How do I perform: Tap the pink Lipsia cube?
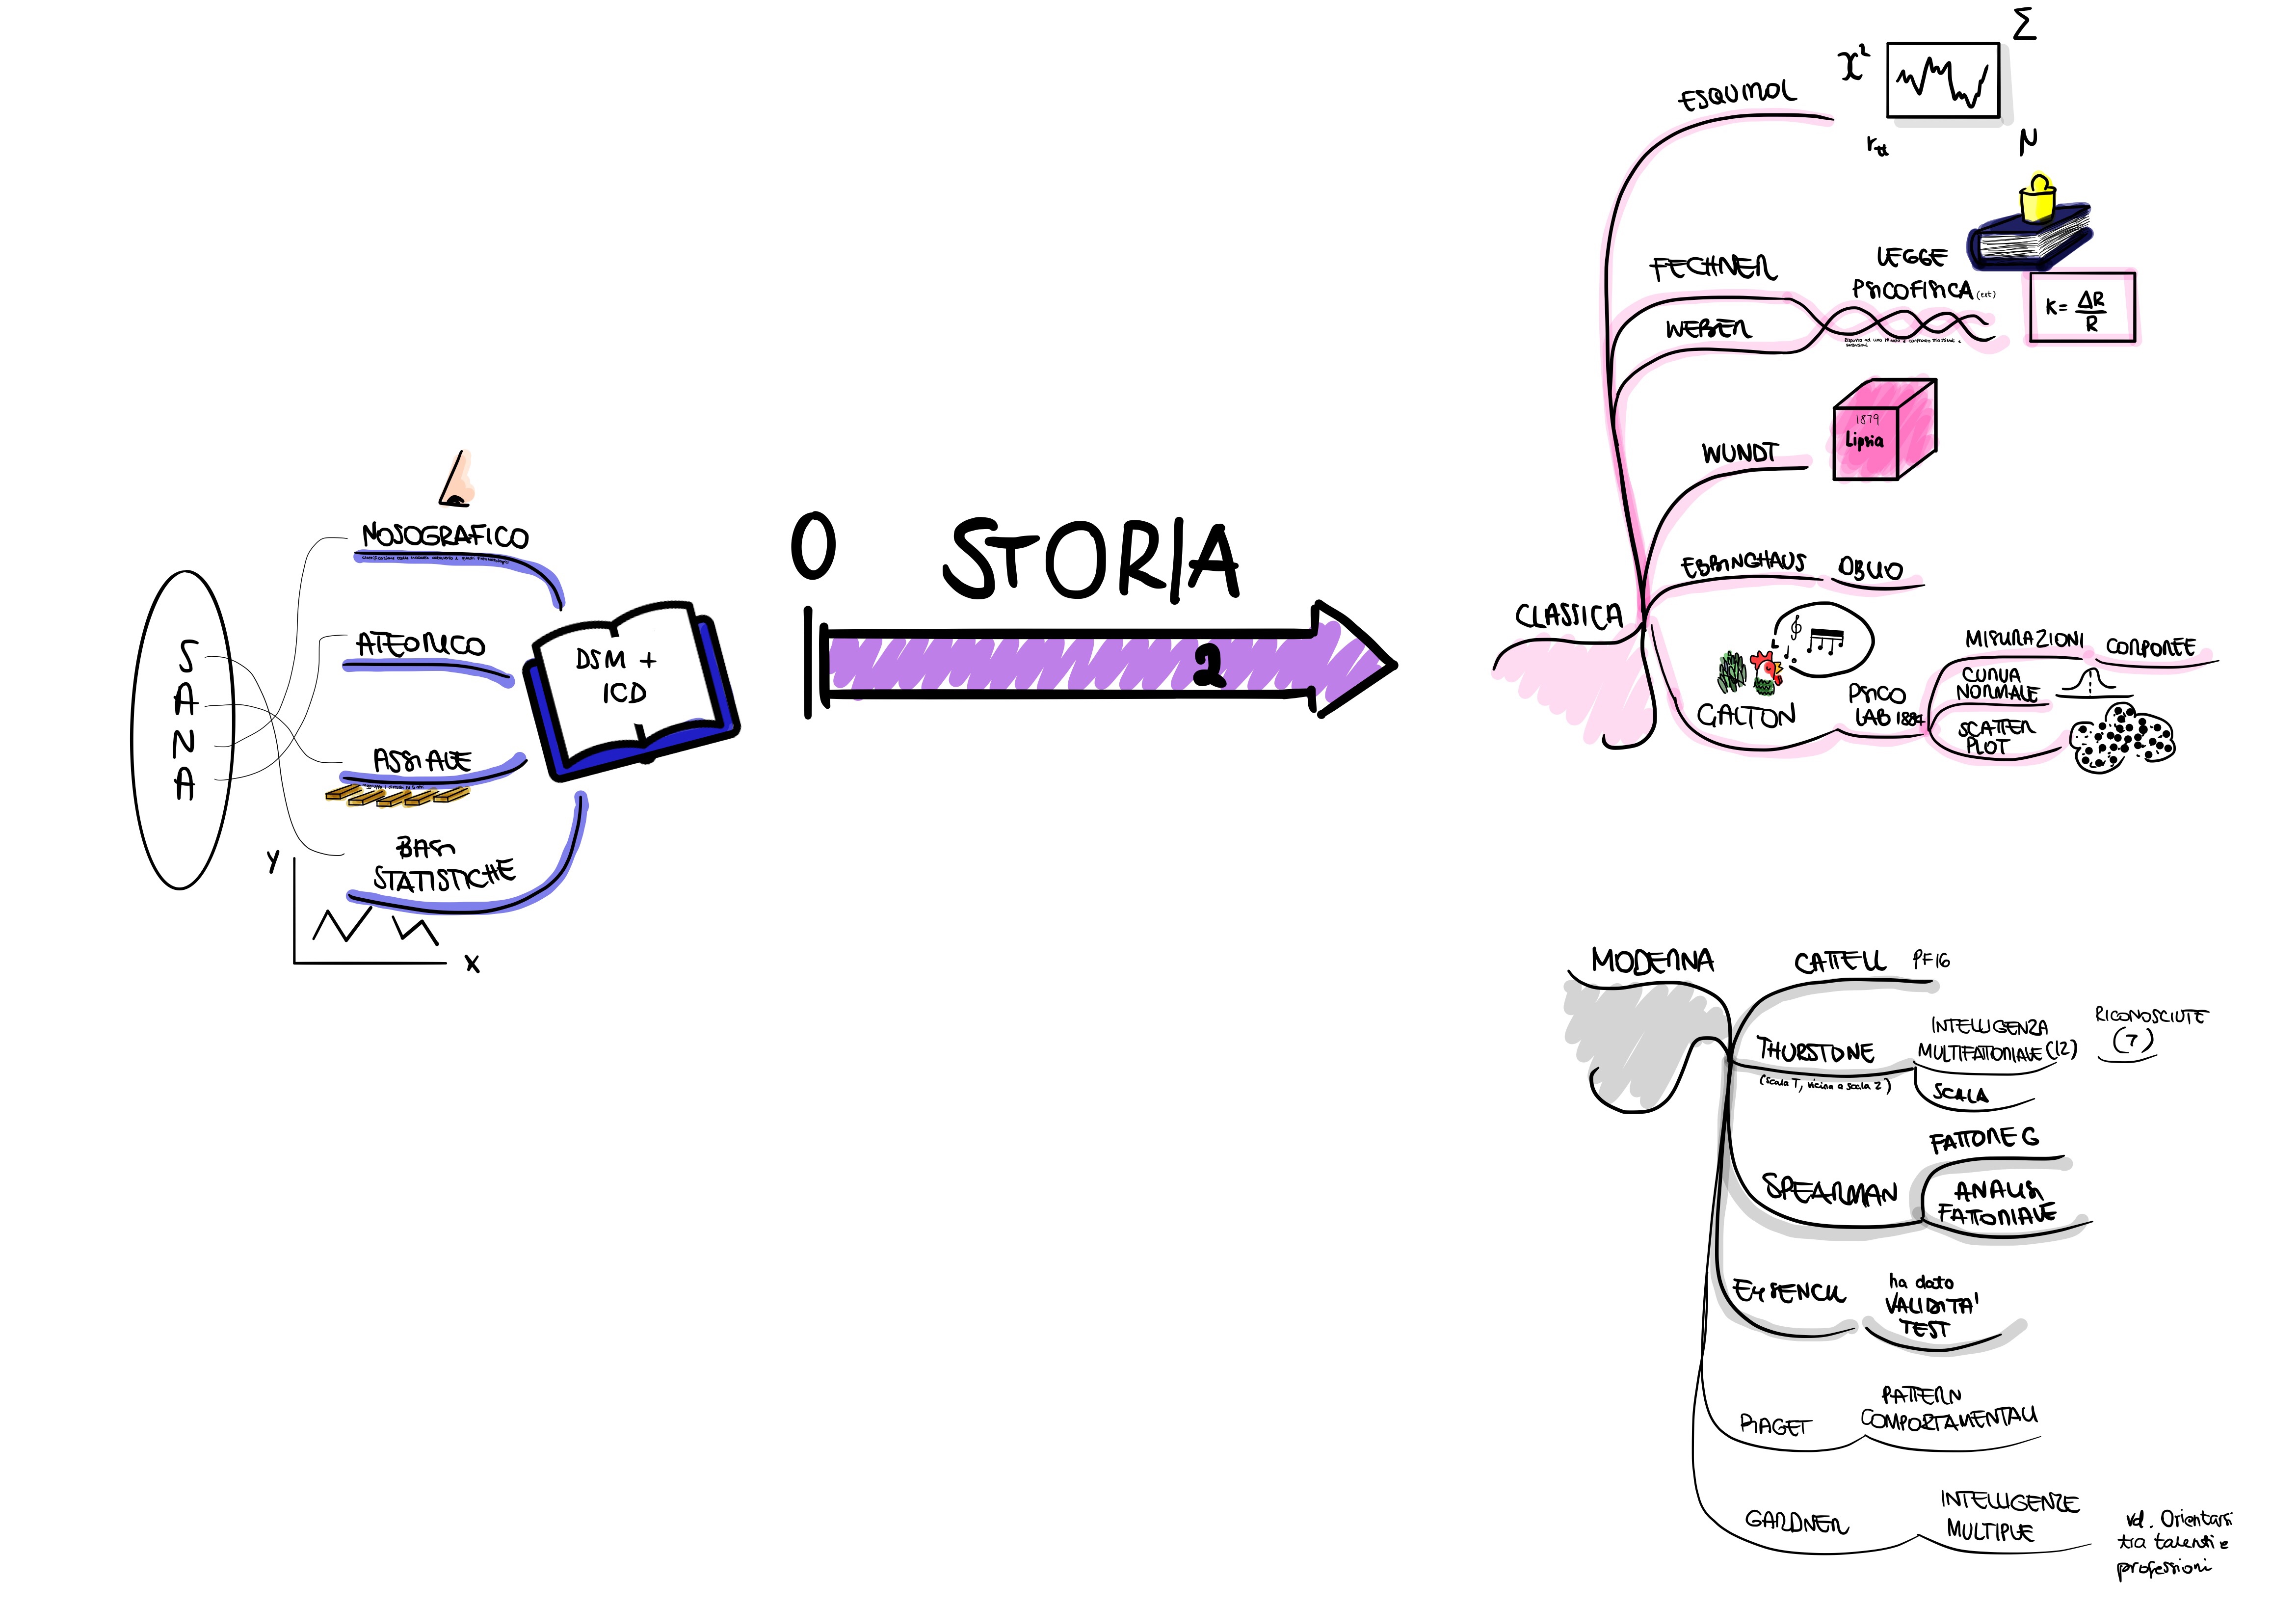(1882, 432)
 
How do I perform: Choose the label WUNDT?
(1739, 453)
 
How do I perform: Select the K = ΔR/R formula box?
(2081, 308)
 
